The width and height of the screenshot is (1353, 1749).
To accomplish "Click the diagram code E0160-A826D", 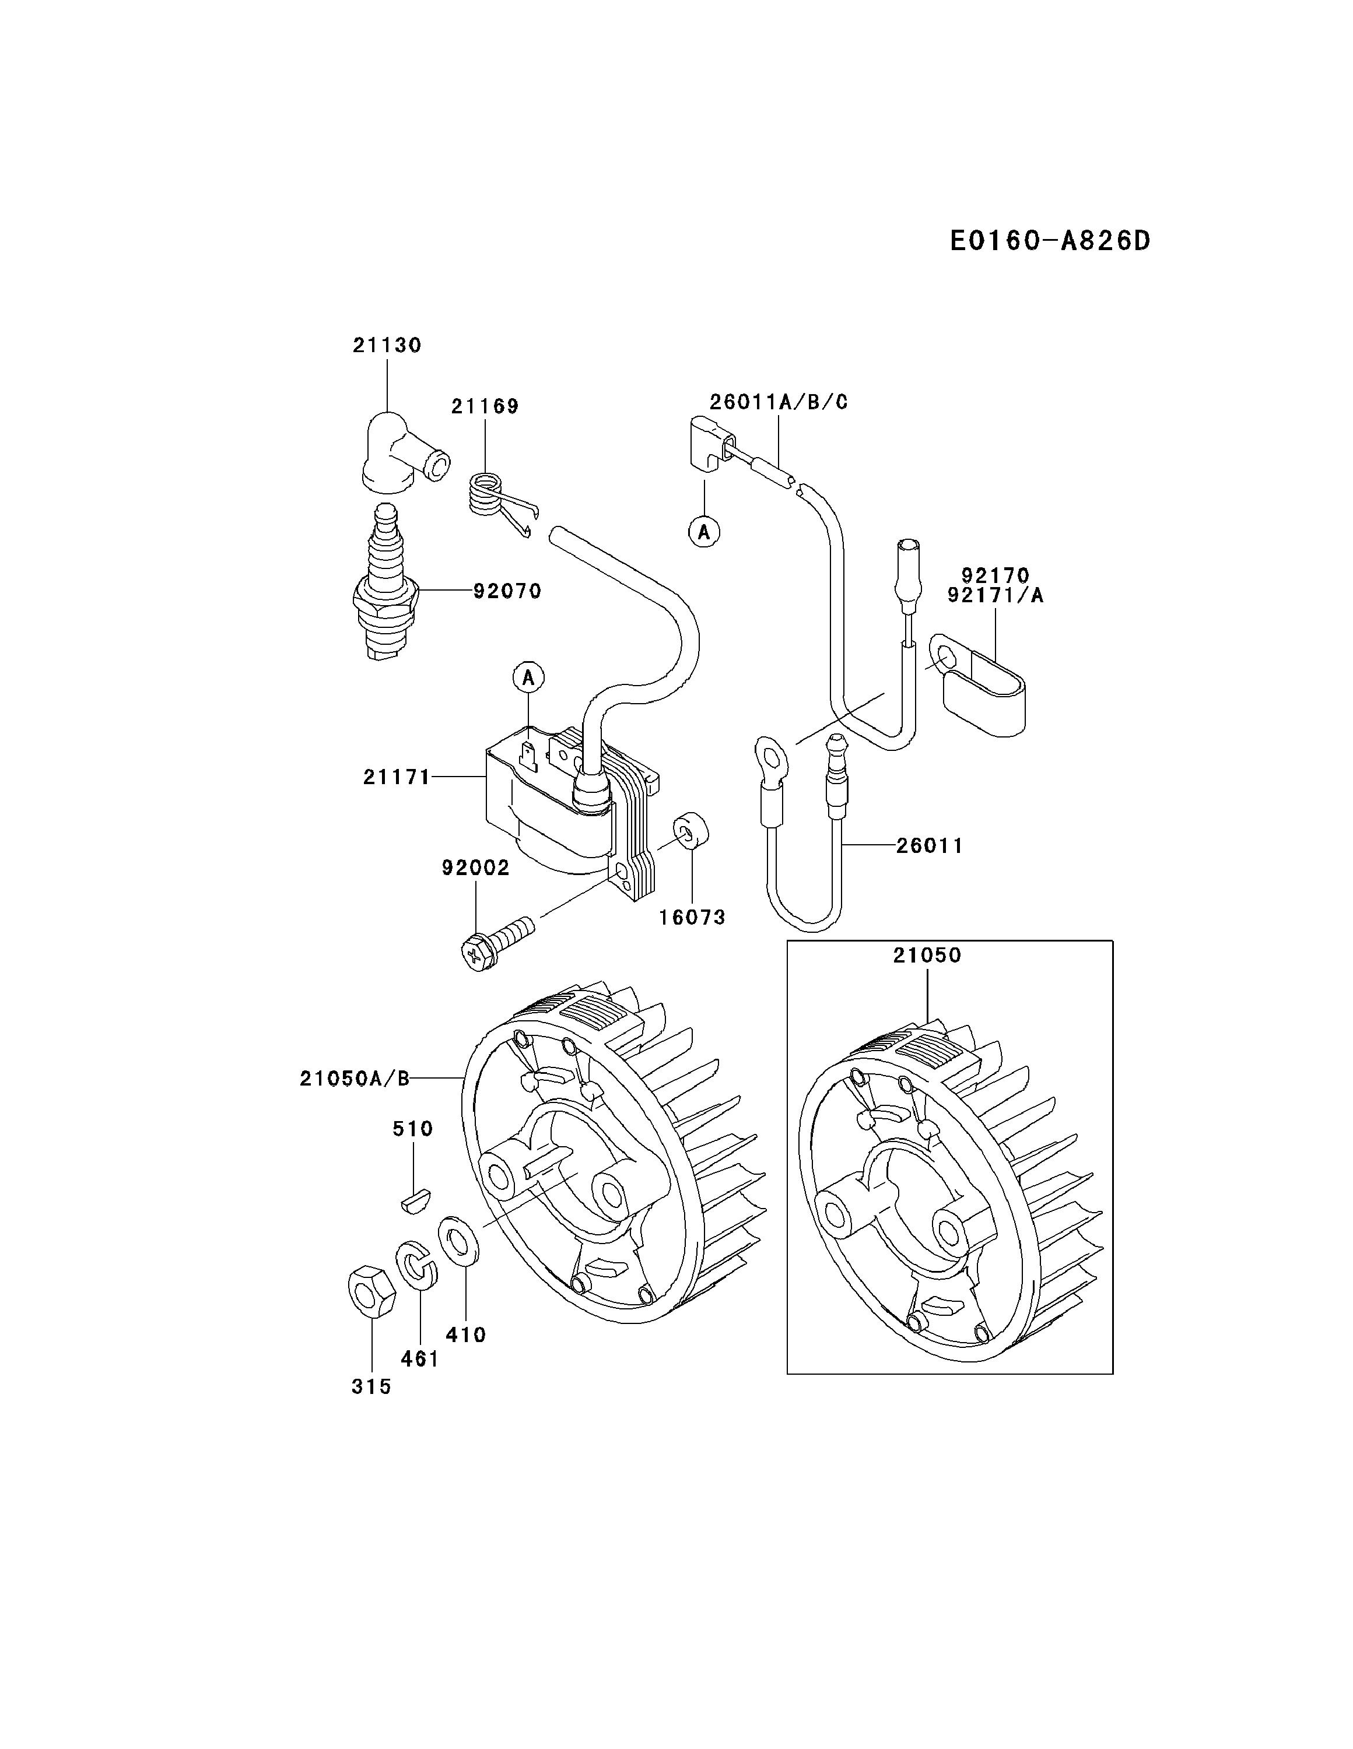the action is pos(1049,240).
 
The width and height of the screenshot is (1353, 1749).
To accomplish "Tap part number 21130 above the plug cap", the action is pos(387,345).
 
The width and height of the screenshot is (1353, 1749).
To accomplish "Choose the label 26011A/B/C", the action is pos(779,402).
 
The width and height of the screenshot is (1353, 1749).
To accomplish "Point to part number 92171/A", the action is pos(995,596).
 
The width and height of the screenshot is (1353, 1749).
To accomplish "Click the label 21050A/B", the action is pos(355,1079).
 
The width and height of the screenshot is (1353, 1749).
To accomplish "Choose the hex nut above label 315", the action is pos(371,1290).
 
